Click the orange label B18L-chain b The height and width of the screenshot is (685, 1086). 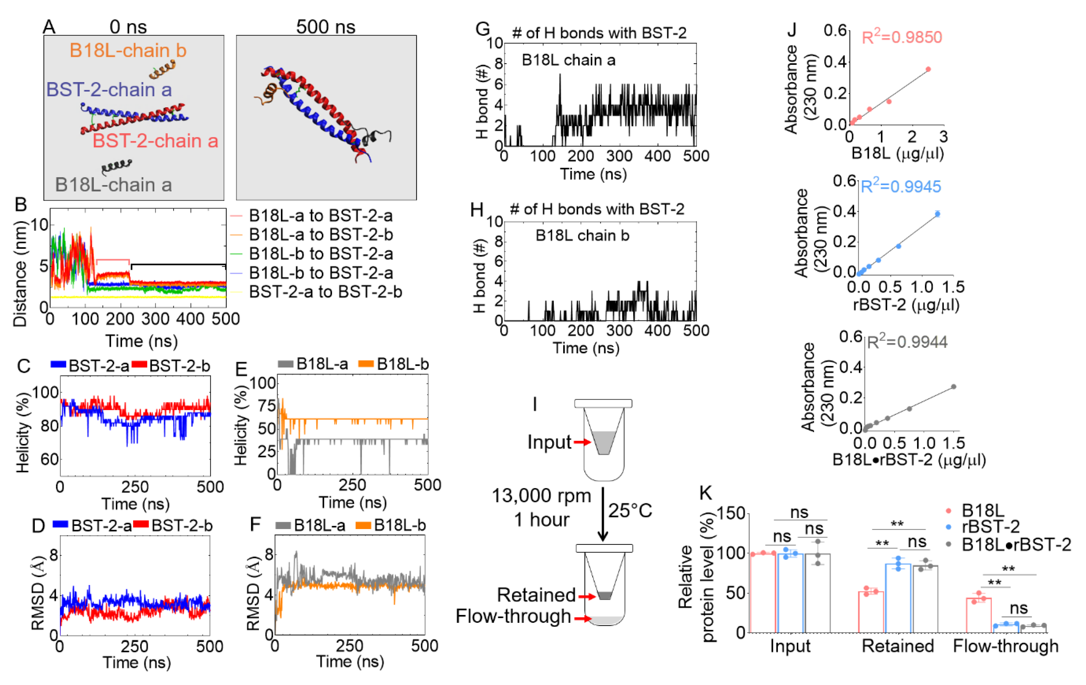point(128,50)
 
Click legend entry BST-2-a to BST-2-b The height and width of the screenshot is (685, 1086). point(325,292)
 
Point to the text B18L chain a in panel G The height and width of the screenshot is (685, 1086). point(568,60)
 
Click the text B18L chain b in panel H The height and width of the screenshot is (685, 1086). point(582,236)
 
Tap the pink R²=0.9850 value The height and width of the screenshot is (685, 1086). point(902,37)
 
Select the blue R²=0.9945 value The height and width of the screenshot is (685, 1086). point(901,186)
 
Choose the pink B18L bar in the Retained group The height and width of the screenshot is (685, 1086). point(871,612)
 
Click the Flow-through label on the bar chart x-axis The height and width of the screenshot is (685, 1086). point(1006,646)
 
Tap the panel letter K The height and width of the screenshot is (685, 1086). point(705,493)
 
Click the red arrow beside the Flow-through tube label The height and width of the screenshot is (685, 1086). point(582,618)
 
